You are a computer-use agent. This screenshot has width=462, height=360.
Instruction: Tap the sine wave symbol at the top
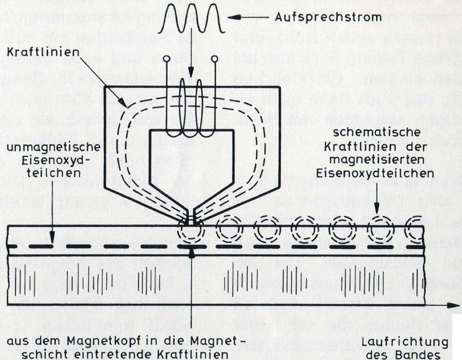coord(191,19)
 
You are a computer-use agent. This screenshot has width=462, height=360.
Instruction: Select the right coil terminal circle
coord(214,59)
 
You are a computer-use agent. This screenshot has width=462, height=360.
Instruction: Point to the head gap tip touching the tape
coord(191,220)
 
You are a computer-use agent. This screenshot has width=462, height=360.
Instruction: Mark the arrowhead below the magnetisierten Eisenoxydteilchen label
coord(377,213)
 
